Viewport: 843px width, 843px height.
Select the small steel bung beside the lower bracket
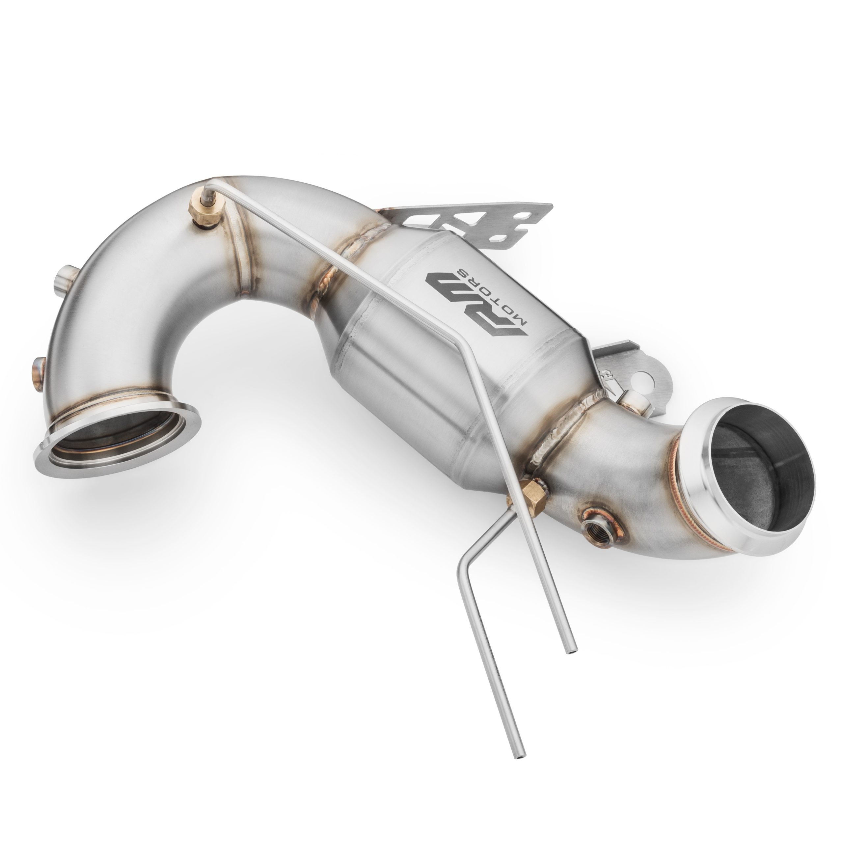click(631, 388)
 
